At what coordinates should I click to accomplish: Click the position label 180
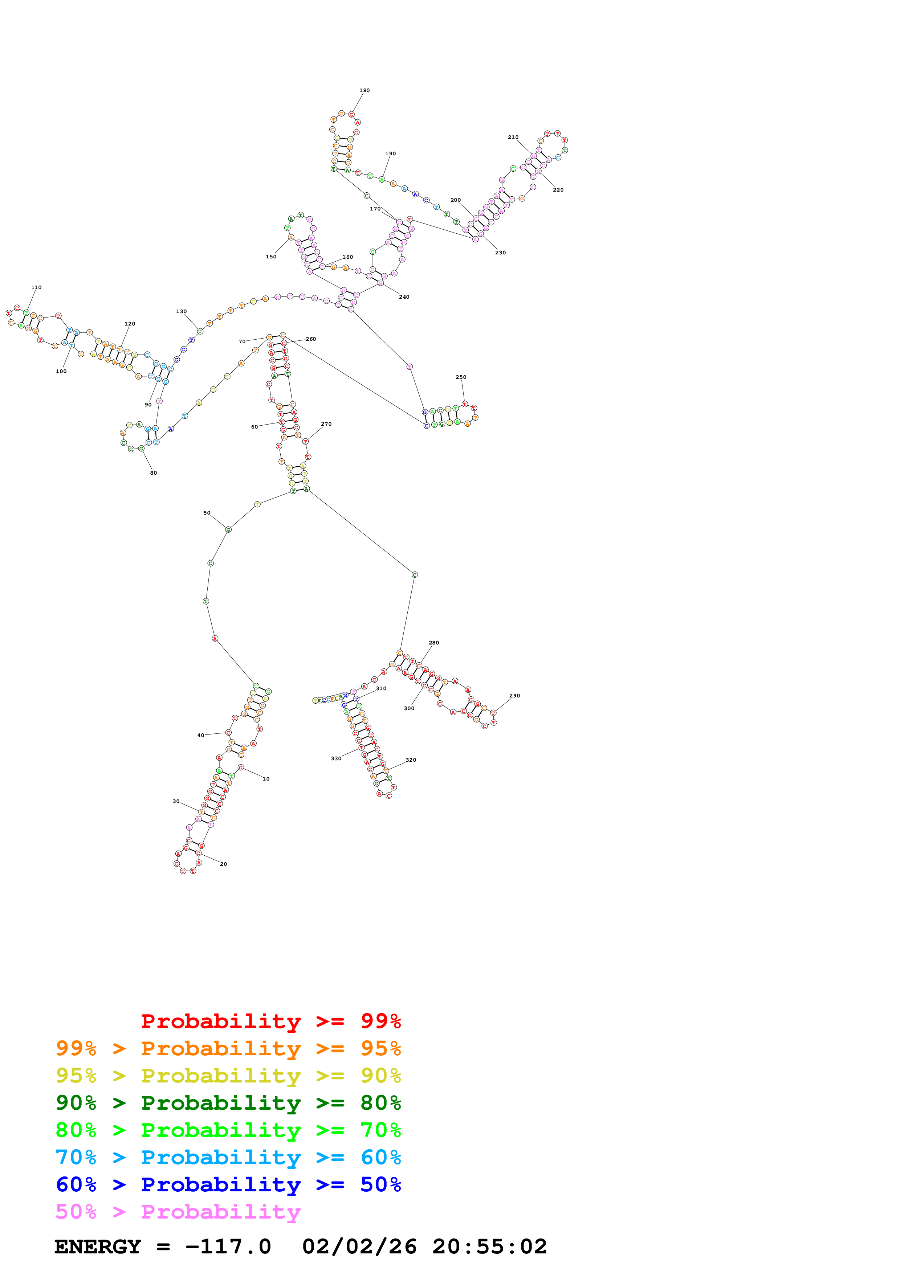(x=365, y=90)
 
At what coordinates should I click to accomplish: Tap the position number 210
(x=513, y=138)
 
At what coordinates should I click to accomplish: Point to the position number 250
(x=461, y=377)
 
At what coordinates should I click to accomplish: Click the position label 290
(x=514, y=696)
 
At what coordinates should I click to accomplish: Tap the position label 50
(x=207, y=513)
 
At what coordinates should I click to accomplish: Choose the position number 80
(x=154, y=473)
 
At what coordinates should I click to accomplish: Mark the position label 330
(x=336, y=758)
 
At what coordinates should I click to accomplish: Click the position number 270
(x=326, y=424)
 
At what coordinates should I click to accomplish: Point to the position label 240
(x=404, y=297)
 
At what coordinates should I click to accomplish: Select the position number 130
(x=181, y=312)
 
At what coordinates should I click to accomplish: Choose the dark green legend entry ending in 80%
(x=228, y=1103)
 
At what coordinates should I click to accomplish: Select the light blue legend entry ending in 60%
(x=228, y=1158)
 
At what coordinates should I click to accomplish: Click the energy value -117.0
(x=228, y=1247)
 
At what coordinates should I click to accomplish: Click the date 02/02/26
(x=359, y=1247)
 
